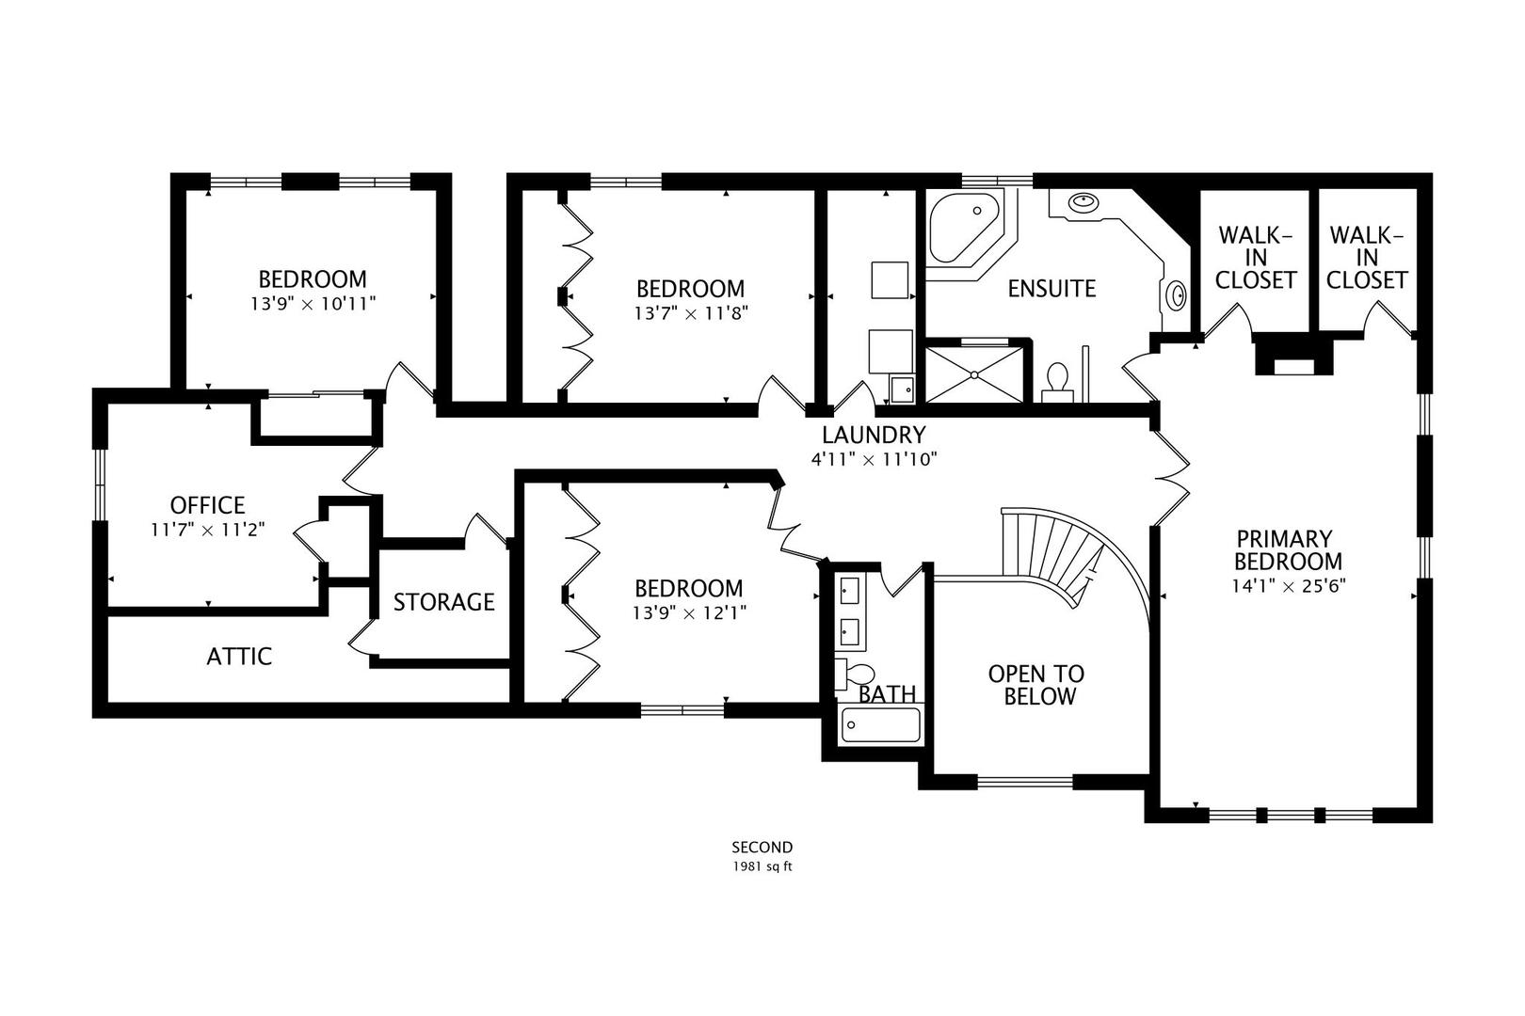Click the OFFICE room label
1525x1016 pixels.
point(207,505)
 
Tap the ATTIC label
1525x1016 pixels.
point(239,657)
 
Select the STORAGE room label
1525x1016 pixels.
point(443,602)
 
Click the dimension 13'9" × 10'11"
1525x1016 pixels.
point(313,304)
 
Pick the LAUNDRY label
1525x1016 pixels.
point(874,436)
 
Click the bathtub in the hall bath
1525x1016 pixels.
point(880,725)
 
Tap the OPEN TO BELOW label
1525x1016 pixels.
point(1035,685)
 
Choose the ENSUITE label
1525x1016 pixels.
point(1051,289)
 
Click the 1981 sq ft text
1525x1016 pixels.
point(762,866)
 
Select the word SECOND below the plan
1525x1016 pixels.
point(762,848)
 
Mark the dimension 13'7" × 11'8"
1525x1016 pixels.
point(690,313)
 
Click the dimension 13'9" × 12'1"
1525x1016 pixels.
point(689,613)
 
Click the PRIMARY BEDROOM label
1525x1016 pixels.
point(1288,550)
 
